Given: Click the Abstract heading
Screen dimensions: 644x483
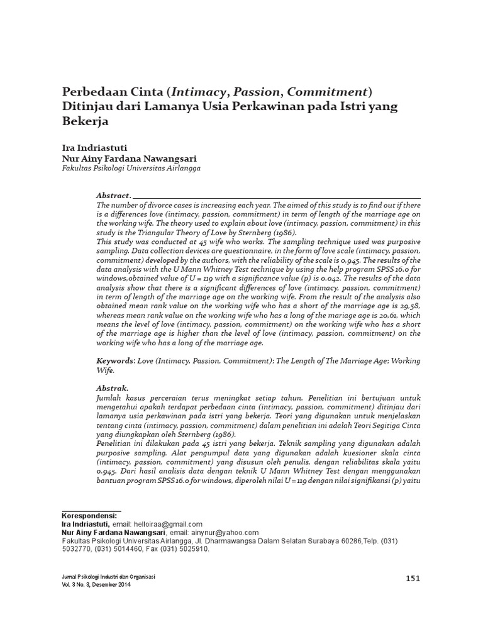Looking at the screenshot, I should point(113,196).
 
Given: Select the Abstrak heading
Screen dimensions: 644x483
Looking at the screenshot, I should point(112,389).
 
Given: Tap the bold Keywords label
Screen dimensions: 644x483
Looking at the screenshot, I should point(115,361).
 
